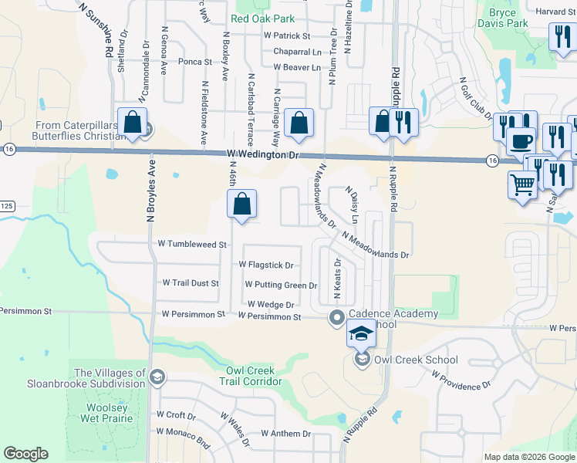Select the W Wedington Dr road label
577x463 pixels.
click(262, 155)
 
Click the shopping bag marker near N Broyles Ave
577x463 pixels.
click(133, 123)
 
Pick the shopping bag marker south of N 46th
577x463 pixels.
click(242, 205)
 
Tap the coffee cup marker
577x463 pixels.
click(521, 142)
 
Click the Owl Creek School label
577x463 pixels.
click(416, 360)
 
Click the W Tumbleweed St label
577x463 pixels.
click(191, 244)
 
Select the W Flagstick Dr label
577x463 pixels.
click(266, 265)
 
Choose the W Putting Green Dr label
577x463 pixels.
click(280, 285)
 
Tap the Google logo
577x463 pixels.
click(26, 454)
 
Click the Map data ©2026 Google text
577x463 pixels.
click(529, 457)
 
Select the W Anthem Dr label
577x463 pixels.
click(285, 434)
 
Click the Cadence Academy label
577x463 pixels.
click(393, 314)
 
